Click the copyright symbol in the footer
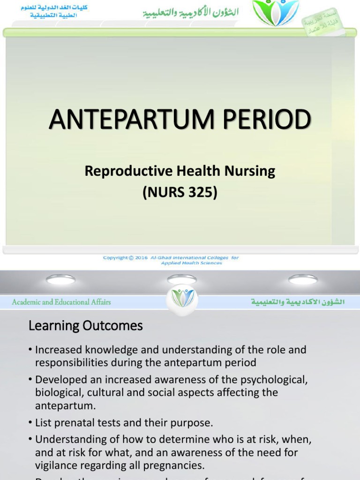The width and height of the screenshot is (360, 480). point(131,258)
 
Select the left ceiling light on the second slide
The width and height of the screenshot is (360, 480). point(60,279)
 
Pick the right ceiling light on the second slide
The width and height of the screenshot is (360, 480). point(302,279)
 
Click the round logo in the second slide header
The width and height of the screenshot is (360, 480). point(182,298)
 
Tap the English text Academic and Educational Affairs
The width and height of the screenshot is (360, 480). point(61,302)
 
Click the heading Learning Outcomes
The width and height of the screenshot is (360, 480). point(86,326)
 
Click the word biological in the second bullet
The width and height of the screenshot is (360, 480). point(57,392)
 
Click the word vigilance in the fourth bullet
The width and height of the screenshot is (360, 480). point(56,465)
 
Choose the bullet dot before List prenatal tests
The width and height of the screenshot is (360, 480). point(30,423)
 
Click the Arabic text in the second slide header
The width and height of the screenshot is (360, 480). point(298,302)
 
